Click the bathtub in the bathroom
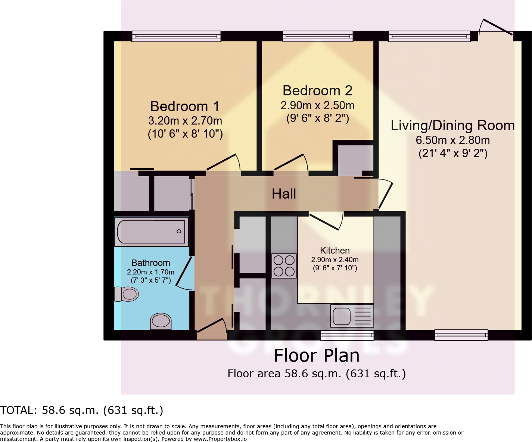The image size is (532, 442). tap(151, 231)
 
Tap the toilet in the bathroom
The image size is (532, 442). tap(127, 294)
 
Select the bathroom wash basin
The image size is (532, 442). tap(161, 321)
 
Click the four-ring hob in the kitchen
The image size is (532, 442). tap(284, 266)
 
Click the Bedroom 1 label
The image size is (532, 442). tap(185, 106)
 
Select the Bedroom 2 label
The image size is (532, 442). tap(317, 90)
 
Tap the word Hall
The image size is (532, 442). tap(284, 194)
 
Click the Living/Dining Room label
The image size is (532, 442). tap(452, 125)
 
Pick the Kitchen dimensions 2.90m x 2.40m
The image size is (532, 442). tap(335, 260)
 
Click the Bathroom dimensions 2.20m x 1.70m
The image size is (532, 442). tap(150, 272)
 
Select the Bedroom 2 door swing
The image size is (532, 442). tap(291, 162)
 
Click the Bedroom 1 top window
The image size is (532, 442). tap(176, 36)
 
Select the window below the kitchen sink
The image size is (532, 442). tap(347, 335)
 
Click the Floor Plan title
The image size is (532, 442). tap(317, 355)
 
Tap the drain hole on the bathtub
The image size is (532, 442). tap(179, 231)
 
